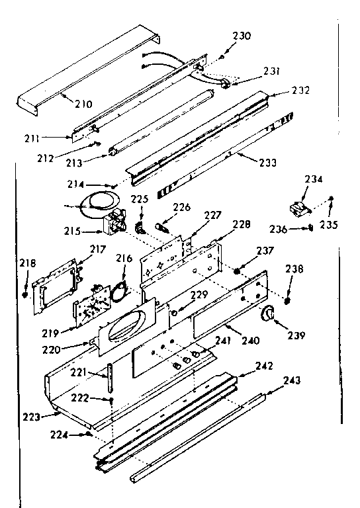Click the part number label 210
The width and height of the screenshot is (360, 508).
coord(83,104)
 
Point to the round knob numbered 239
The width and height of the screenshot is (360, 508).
coord(269,315)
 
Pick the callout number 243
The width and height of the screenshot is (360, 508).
coord(292,380)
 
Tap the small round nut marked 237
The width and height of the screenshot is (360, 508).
coord(238,269)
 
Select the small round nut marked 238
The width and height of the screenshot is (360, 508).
coord(289,301)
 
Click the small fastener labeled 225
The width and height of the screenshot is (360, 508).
coord(140,228)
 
